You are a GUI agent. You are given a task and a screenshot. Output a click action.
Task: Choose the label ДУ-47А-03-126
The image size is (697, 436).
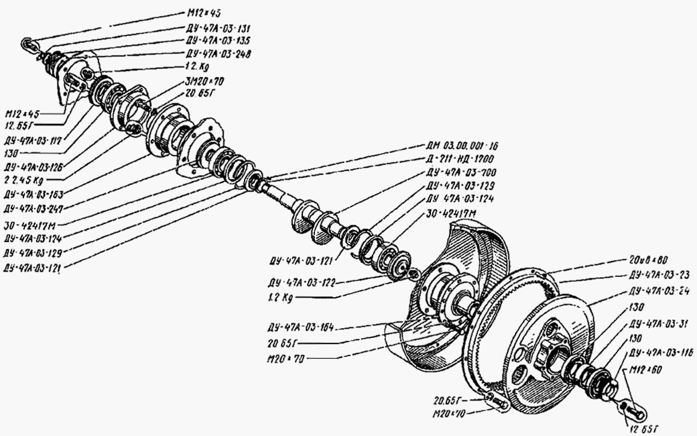coord(34,166)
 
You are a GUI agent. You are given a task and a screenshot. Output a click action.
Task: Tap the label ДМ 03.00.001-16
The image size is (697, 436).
coord(462,146)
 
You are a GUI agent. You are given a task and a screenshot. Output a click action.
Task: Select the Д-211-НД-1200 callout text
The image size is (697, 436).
coord(460,159)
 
